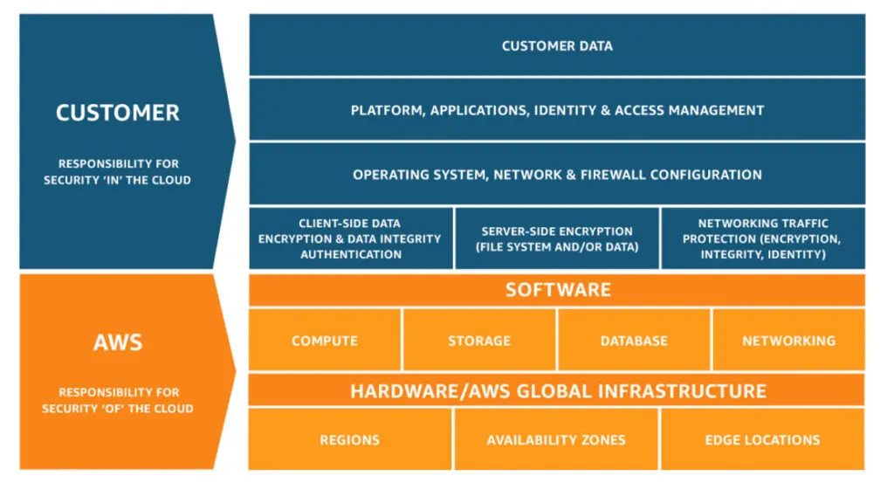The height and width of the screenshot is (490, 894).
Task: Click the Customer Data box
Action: pyautogui.click(x=557, y=45)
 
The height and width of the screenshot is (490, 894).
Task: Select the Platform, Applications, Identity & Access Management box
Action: pyautogui.click(x=557, y=110)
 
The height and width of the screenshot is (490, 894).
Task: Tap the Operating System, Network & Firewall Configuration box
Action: pyautogui.click(x=557, y=175)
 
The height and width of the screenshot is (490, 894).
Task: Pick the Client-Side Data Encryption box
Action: pyautogui.click(x=350, y=238)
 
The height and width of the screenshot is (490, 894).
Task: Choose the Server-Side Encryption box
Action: pyautogui.click(x=557, y=238)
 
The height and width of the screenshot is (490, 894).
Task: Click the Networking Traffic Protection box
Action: pyautogui.click(x=762, y=238)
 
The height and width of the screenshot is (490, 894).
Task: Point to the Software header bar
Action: pyautogui.click(x=557, y=290)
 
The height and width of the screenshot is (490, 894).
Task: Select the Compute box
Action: pyautogui.click(x=325, y=341)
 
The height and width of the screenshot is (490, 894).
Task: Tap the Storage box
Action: pyautogui.click(x=479, y=341)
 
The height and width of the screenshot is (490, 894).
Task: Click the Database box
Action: pyautogui.click(x=634, y=341)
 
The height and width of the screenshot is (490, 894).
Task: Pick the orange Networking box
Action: pyautogui.click(x=788, y=341)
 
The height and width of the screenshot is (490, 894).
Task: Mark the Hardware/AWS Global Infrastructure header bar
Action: pyautogui.click(x=557, y=390)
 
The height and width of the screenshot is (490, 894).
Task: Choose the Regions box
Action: pyautogui.click(x=350, y=439)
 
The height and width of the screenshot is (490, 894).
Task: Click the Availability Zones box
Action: pyautogui.click(x=556, y=439)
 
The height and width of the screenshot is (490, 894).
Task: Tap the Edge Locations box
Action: pyautogui.click(x=762, y=439)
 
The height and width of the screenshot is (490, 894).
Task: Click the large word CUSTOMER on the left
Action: pyautogui.click(x=118, y=113)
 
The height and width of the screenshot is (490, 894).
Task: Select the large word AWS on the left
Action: pyautogui.click(x=118, y=342)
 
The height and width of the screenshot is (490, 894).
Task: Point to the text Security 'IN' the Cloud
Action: pyautogui.click(x=118, y=180)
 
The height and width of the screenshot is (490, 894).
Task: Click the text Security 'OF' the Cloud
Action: pyautogui.click(x=118, y=409)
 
